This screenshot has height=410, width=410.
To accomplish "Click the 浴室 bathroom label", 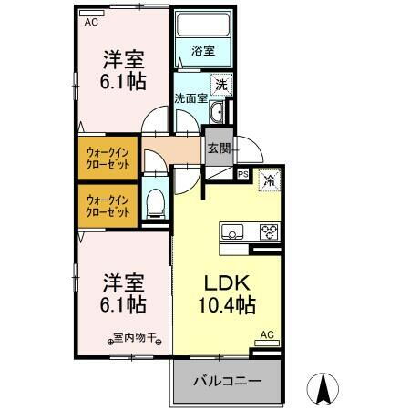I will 203,51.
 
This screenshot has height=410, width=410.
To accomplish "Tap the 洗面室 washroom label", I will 191,97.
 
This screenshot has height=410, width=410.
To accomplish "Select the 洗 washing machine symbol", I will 220,85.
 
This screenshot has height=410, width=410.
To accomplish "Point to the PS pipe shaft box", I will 242,172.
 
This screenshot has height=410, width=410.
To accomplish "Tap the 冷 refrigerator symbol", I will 269,182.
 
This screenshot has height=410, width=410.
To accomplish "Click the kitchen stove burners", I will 269,231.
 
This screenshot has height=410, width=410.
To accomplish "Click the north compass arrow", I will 323,387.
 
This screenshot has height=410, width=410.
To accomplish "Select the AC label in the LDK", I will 267,335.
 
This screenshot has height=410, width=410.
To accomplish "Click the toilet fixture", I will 154,204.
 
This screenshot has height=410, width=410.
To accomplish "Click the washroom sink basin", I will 217,113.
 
